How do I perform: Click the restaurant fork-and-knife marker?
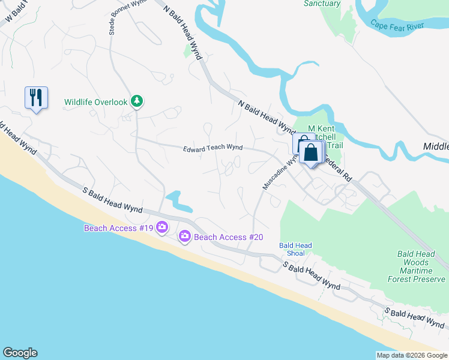click(x=35, y=97)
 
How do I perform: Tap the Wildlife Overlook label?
click(x=96, y=102)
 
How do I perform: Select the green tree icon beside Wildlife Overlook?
click(x=137, y=101)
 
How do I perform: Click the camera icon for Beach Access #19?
click(x=161, y=227)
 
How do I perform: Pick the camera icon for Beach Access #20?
click(x=184, y=237)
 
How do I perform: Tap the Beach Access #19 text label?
click(x=118, y=227)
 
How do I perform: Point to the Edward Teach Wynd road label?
click(x=212, y=148)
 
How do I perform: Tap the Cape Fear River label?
click(x=397, y=25)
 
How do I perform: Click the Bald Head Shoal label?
click(x=295, y=249)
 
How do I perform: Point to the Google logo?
click(x=20, y=353)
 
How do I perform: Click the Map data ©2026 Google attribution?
click(x=412, y=355)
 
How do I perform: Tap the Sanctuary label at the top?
click(x=322, y=4)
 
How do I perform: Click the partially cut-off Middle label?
click(x=436, y=146)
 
